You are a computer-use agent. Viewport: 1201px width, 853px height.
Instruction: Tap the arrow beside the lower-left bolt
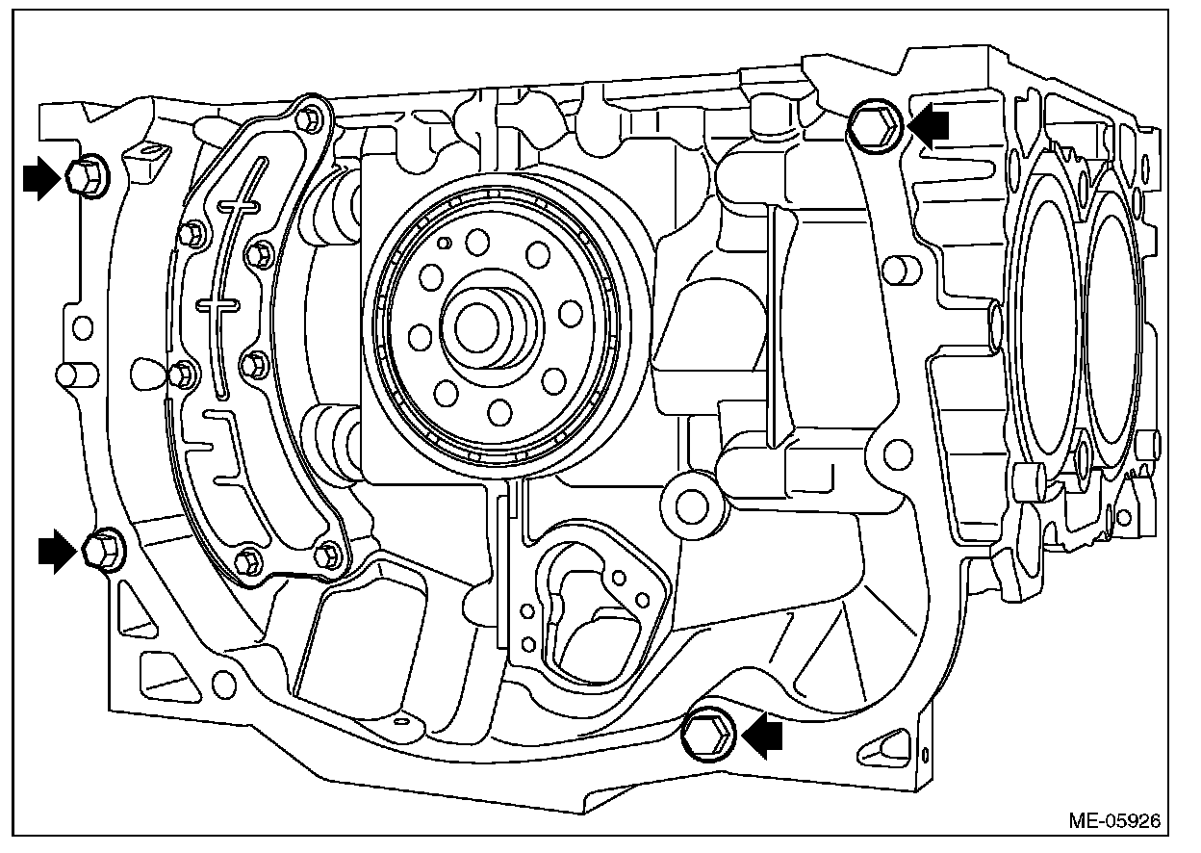point(57,552)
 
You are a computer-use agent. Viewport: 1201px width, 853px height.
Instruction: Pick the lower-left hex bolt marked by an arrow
point(100,550)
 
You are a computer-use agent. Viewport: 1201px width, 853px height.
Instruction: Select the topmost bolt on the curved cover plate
point(307,119)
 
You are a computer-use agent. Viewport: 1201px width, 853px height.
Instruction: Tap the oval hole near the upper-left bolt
point(150,154)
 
